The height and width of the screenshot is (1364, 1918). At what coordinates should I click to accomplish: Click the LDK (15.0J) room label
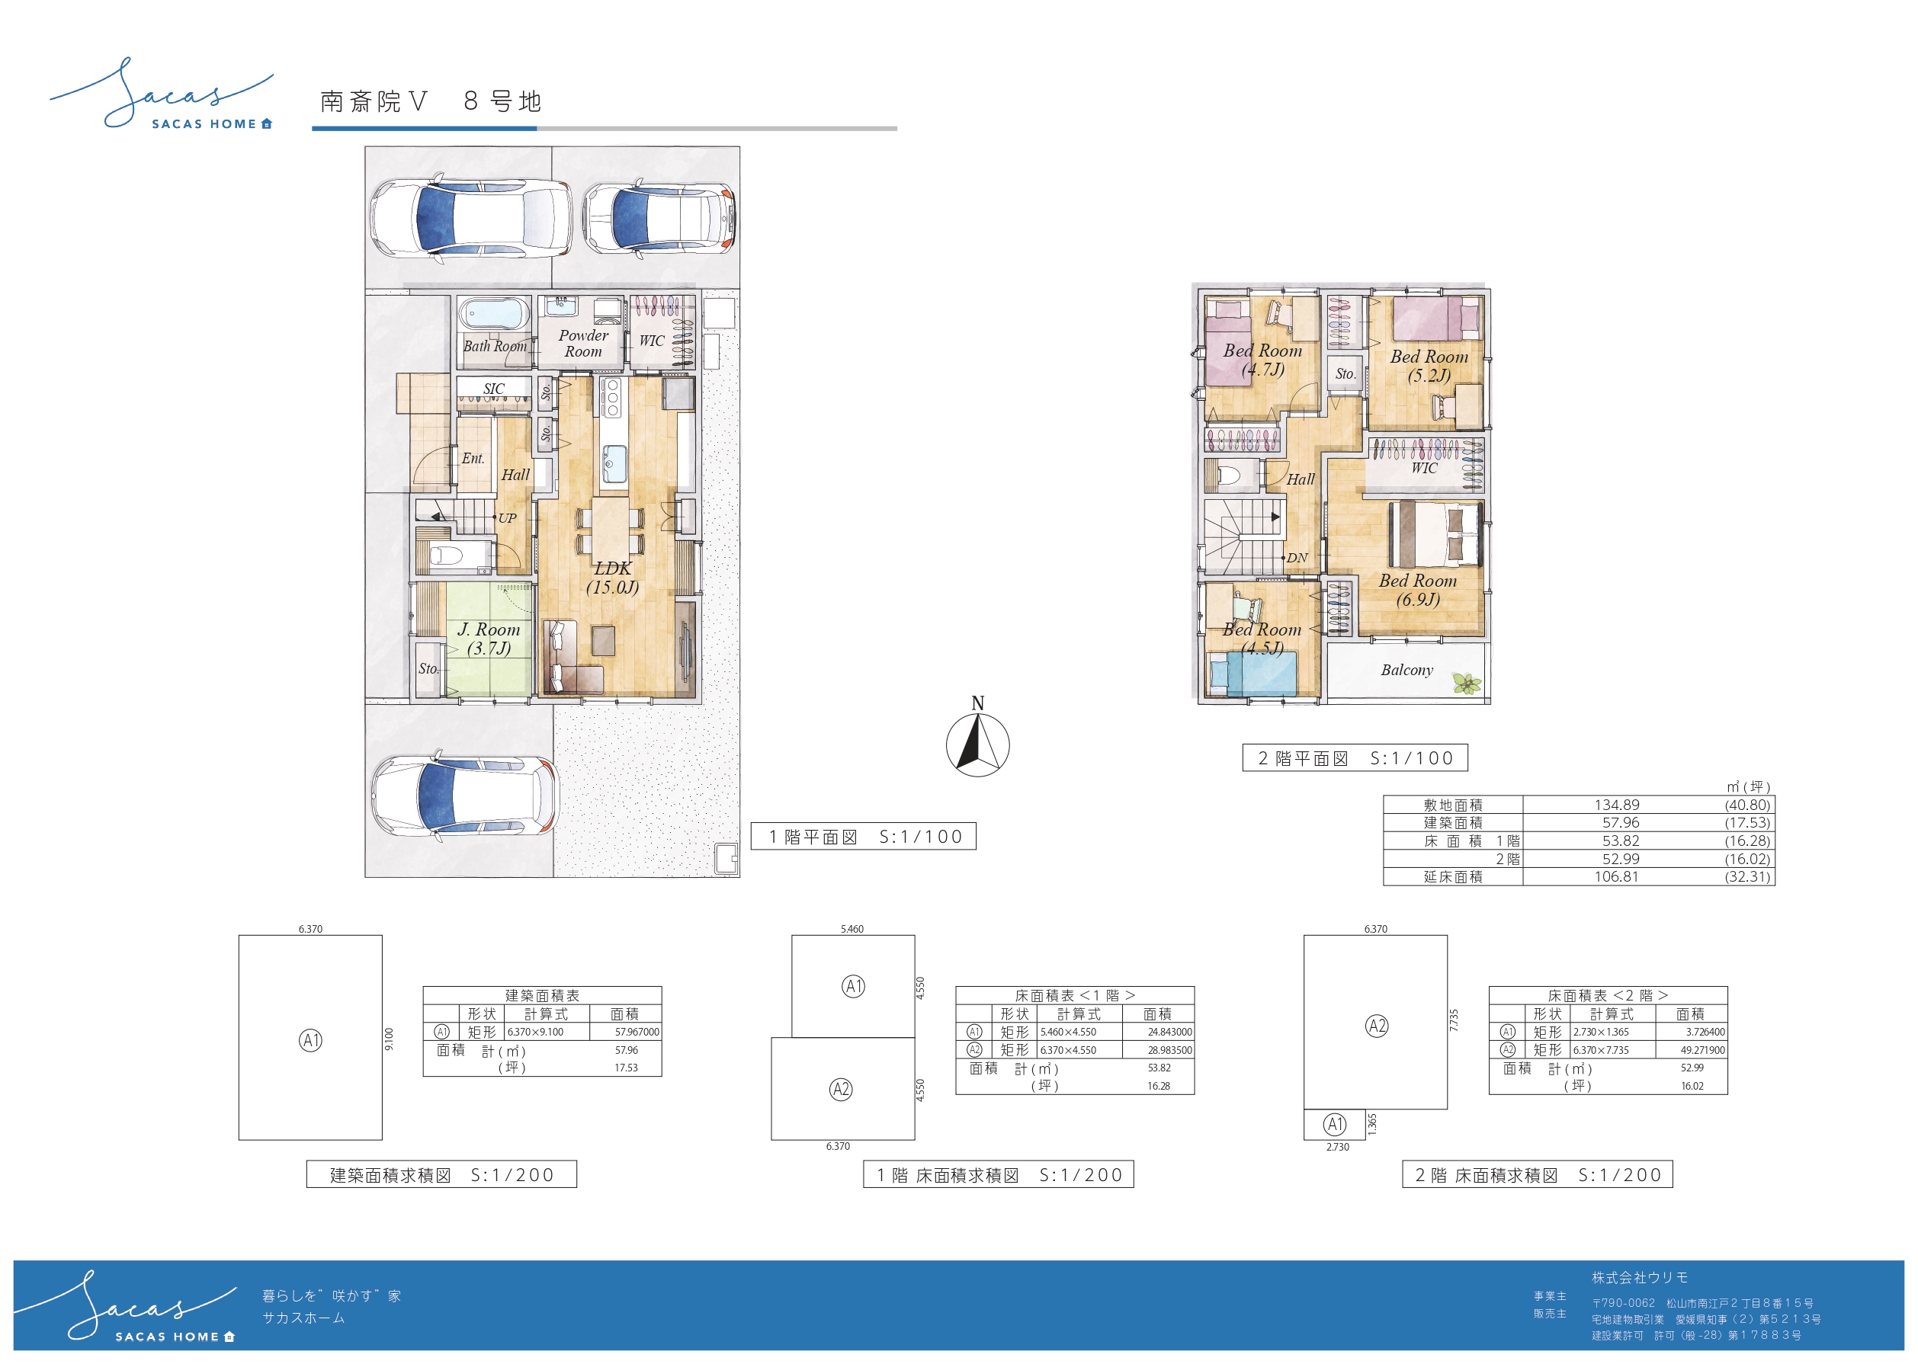click(612, 578)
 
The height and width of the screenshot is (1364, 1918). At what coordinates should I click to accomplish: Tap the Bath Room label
click(495, 346)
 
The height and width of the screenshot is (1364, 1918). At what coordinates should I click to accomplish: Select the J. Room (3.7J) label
click(488, 639)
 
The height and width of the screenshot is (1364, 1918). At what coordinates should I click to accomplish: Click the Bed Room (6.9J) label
click(1417, 590)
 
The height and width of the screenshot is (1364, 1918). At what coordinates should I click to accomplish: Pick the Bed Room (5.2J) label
click(1429, 365)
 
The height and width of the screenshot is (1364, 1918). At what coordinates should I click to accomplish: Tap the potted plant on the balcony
click(1467, 684)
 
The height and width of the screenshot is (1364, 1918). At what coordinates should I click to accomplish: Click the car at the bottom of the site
click(464, 795)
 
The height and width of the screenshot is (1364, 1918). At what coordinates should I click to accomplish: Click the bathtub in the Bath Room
click(495, 315)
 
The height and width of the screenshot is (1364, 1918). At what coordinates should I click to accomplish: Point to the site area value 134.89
click(1616, 805)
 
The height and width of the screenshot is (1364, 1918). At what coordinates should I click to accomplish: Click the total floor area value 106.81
click(1616, 876)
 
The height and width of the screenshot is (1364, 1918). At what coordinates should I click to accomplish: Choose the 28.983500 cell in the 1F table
click(1169, 1050)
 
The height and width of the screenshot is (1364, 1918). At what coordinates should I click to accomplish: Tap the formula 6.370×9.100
click(535, 1033)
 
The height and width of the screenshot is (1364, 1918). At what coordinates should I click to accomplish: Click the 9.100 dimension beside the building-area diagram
click(388, 1038)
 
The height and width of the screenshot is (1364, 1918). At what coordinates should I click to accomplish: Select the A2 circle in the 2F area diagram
click(1377, 1026)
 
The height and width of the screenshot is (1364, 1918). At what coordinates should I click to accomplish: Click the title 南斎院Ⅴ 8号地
click(431, 101)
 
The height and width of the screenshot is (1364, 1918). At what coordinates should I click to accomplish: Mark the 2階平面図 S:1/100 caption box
click(1355, 757)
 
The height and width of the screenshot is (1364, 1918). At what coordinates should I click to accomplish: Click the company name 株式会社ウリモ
click(1640, 1277)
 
